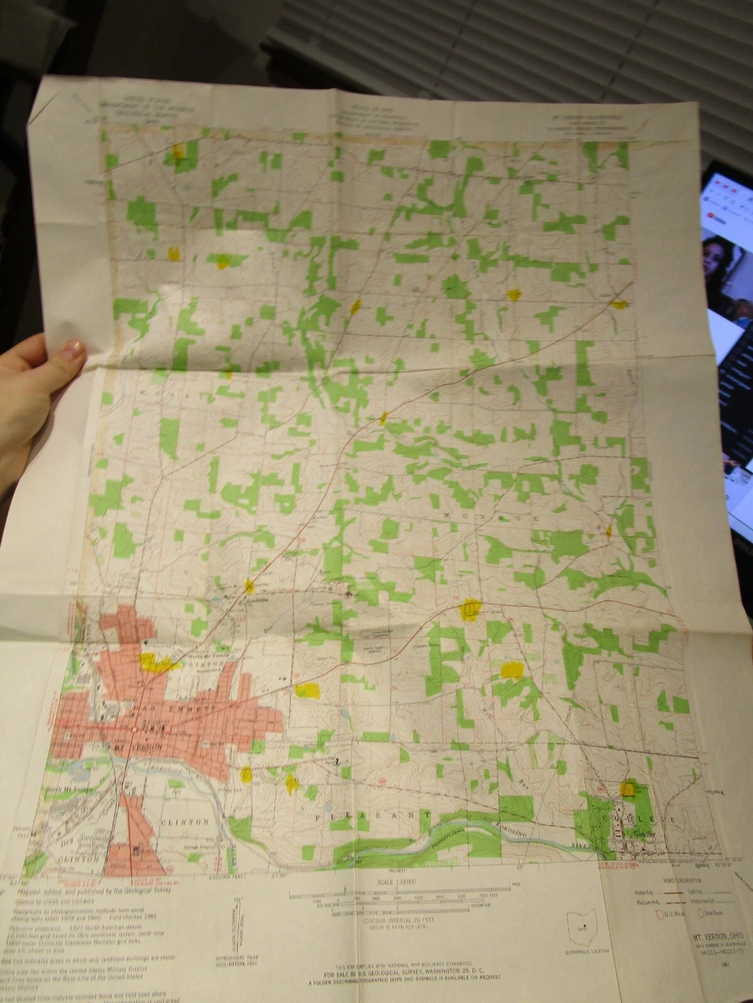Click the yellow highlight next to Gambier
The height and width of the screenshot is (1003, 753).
627,788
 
